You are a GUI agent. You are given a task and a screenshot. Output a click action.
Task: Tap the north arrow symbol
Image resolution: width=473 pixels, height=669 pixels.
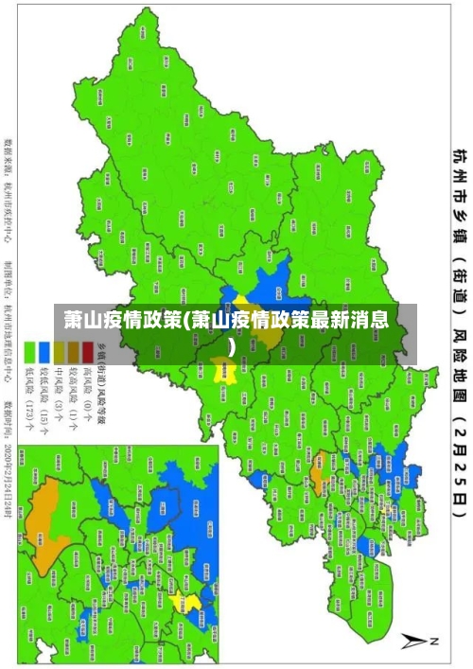pos(416,640)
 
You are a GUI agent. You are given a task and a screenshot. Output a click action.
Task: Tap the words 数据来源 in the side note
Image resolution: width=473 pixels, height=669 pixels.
pos(13,160)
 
